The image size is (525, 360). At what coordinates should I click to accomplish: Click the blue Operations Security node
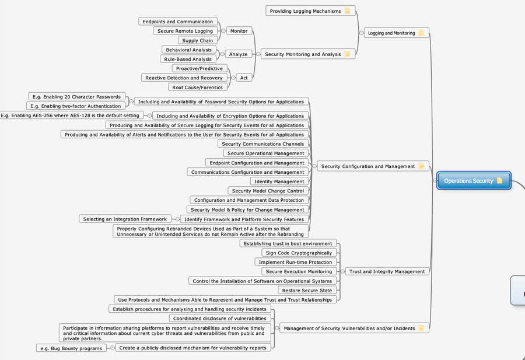[474, 181]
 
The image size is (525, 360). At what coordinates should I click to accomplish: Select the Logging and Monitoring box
[397, 33]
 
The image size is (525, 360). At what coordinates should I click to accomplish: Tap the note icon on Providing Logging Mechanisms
[348, 11]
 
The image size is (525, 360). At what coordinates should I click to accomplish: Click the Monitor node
[239, 31]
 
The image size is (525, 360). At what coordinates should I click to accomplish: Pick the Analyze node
[238, 54]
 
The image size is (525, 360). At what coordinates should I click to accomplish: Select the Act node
[244, 78]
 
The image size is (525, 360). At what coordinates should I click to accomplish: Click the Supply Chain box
[198, 40]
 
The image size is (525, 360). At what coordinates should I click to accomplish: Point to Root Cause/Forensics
[198, 88]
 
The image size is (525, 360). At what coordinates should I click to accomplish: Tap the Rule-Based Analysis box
[188, 59]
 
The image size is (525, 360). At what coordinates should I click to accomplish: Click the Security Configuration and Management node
[373, 166]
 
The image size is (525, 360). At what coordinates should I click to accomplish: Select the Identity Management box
[279, 181]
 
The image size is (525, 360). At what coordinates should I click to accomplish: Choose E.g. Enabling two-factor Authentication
[76, 106]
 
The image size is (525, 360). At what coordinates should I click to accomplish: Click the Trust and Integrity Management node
[387, 271]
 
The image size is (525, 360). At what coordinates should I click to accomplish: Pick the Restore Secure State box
[307, 291]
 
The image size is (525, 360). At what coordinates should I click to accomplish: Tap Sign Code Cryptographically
[299, 253]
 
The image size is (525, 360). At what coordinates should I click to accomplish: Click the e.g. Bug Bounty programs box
[71, 348]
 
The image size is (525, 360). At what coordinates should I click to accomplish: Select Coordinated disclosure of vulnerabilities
[220, 319]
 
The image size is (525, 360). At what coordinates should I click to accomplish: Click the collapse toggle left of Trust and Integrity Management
[342, 271]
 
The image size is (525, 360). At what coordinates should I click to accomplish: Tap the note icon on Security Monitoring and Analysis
[348, 54]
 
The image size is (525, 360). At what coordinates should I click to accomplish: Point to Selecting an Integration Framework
[125, 219]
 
